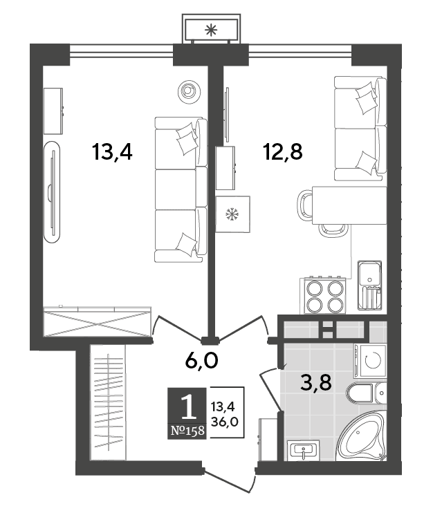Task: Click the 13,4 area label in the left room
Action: coord(112,152)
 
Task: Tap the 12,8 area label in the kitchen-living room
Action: coord(283,152)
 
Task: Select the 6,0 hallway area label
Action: coord(202,360)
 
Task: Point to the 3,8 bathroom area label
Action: coord(315,383)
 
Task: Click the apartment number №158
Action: coord(187,431)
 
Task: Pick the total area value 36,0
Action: coord(224,422)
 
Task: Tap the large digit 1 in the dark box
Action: coord(188,406)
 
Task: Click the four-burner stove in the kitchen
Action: coord(323,296)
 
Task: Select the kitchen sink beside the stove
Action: coord(369,285)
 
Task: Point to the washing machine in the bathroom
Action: coord(371,360)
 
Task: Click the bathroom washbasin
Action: coord(303,449)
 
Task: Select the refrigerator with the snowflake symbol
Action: coord(233,214)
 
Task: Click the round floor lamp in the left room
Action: coord(190,91)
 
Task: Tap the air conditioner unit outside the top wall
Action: coord(211,30)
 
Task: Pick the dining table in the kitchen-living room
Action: coord(349,205)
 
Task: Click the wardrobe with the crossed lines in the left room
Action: coord(98,321)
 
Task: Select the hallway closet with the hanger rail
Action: coord(107,402)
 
